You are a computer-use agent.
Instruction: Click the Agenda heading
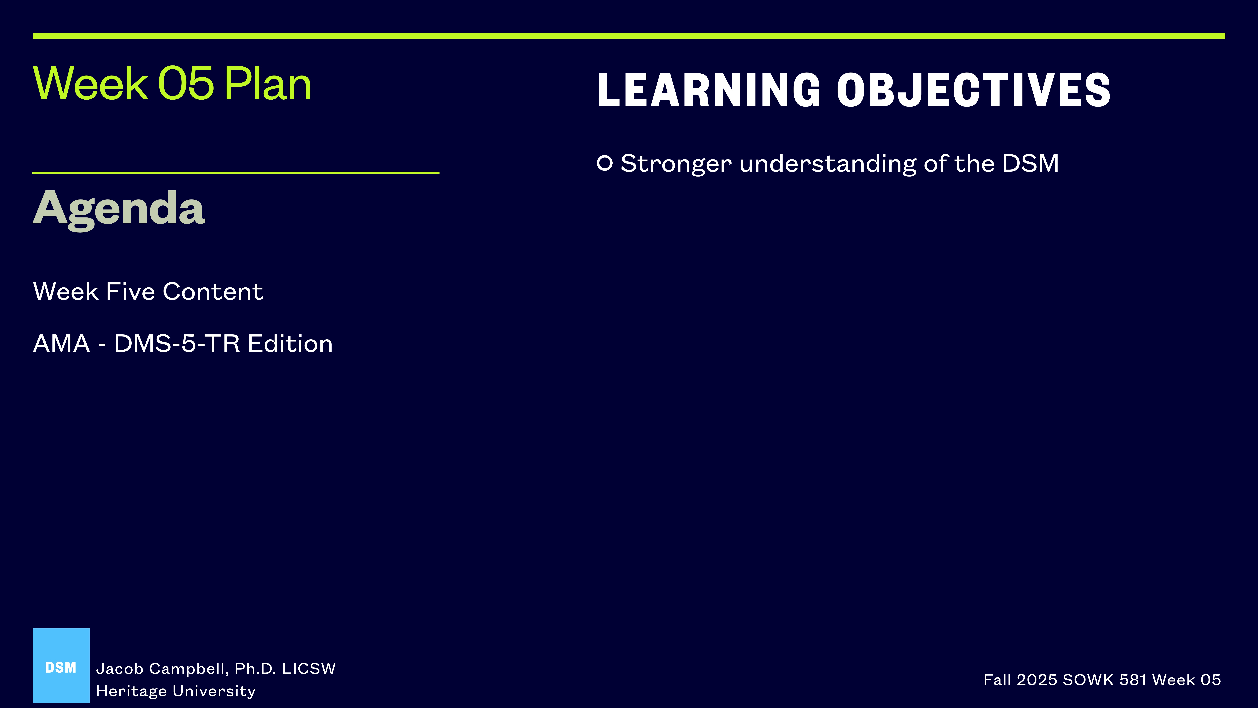pos(119,209)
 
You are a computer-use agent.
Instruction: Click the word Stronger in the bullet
pos(676,163)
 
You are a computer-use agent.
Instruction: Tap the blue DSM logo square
pos(61,666)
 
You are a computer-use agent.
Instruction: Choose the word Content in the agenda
pos(213,292)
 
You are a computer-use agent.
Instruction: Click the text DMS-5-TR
pos(177,343)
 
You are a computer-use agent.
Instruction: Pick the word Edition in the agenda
pos(290,343)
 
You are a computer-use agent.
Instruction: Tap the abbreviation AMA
pos(61,343)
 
